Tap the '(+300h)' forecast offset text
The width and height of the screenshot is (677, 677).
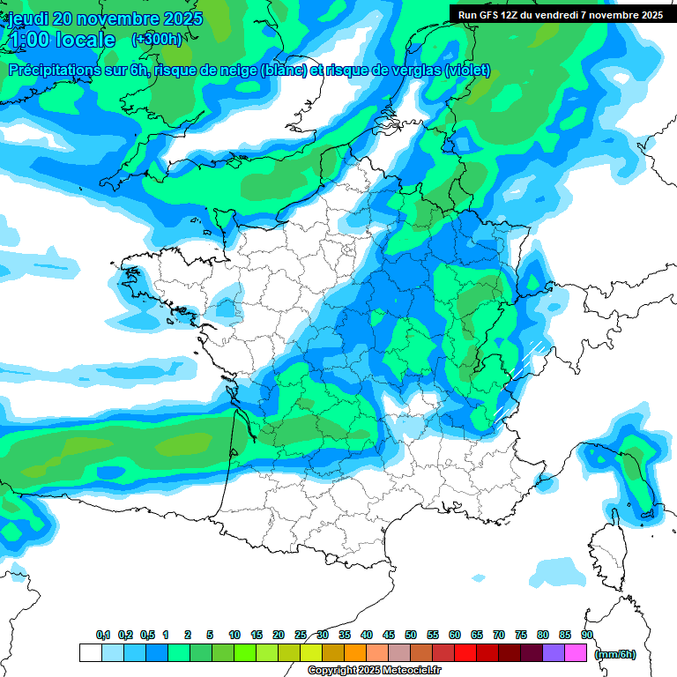coord(156,40)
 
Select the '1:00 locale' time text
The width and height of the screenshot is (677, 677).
coord(62,41)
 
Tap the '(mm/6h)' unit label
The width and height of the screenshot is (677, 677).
coord(615,654)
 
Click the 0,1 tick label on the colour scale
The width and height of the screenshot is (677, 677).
coord(102,636)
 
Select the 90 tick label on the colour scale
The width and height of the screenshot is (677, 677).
coord(586,636)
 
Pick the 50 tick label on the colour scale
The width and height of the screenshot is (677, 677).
coord(411,636)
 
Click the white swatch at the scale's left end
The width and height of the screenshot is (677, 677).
coord(90,653)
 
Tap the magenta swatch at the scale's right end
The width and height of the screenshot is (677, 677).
coord(575,653)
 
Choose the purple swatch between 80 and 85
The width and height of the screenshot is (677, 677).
coord(553,653)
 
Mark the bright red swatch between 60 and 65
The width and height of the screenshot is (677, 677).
coord(465,653)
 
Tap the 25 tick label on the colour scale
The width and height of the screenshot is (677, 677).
coord(301,636)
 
